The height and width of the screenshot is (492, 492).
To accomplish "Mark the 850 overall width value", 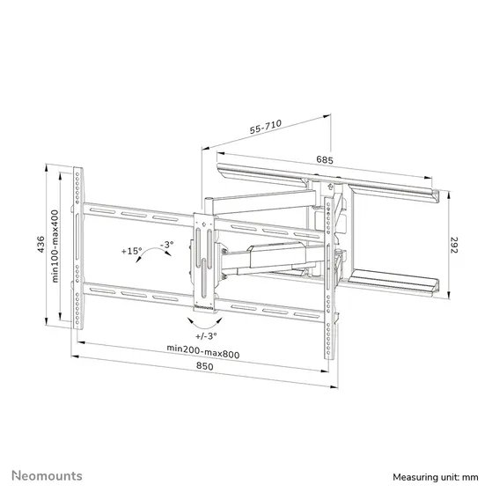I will (x=204, y=368).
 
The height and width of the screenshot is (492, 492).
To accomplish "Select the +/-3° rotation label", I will (x=206, y=335).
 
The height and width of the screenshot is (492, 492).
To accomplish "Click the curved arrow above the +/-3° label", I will (x=205, y=322).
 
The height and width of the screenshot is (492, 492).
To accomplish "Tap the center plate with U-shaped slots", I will (x=204, y=260).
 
